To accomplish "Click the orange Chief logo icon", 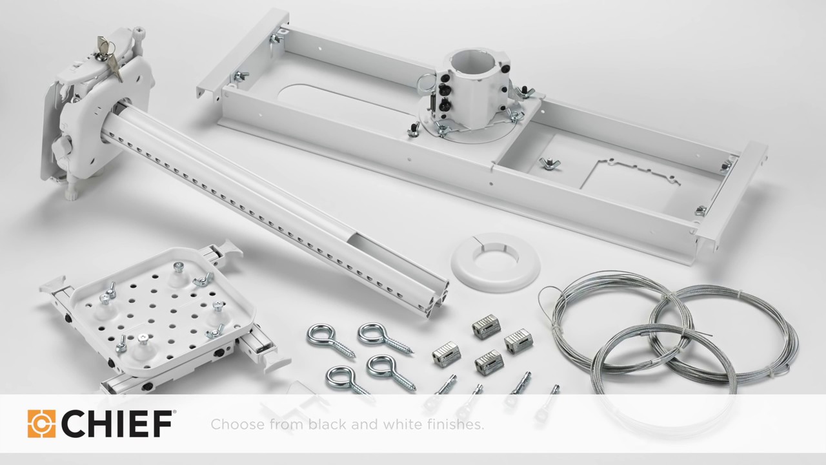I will coord(41,424).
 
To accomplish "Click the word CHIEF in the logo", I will coord(117,424).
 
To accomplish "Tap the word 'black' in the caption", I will coord(328,424).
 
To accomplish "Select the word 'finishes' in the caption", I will coord(454,424).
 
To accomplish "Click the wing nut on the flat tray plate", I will coord(550,163).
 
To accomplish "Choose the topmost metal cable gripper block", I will coord(487,325).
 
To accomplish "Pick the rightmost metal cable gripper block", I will coord(518,340).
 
